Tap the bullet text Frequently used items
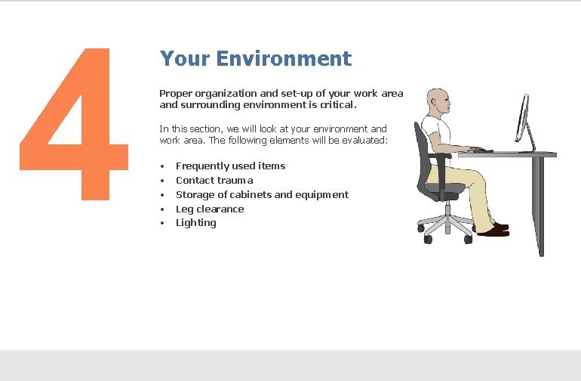click(230, 166)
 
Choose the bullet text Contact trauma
click(214, 180)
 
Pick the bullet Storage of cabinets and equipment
click(262, 194)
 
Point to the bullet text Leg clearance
click(210, 209)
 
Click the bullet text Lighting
click(195, 222)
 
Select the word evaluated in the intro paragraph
click(363, 140)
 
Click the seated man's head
click(438, 101)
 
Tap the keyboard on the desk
click(478, 150)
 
